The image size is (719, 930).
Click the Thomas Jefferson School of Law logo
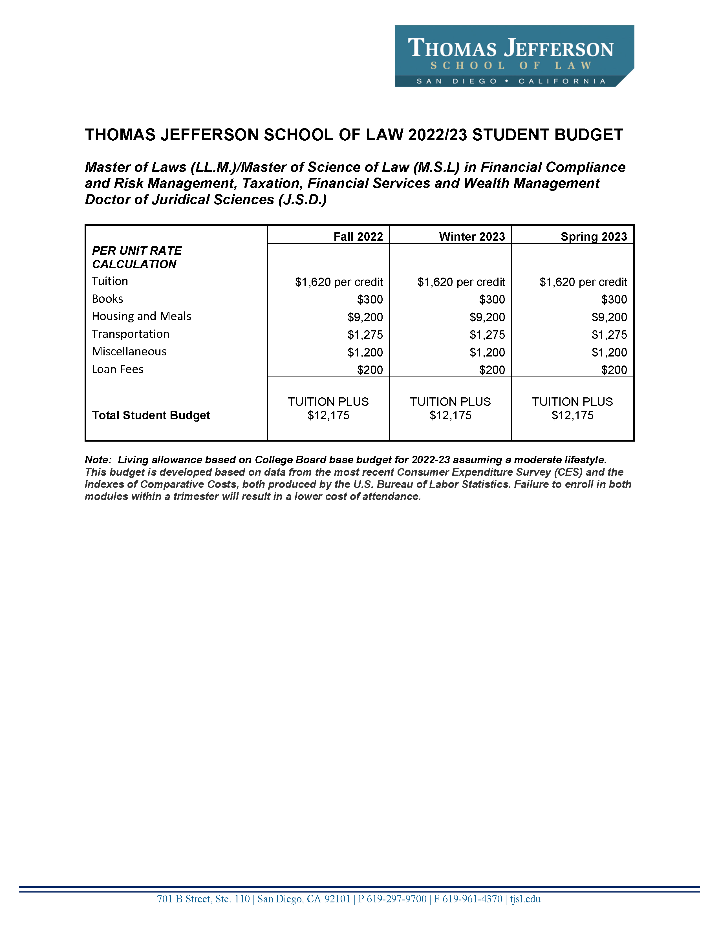coord(514,56)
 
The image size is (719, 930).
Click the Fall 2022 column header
coord(358,236)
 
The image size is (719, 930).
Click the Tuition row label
coord(110,281)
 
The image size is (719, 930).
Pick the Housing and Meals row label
coord(142,316)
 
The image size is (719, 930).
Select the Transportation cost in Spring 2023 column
coord(609,335)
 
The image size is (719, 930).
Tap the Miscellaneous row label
coord(129,352)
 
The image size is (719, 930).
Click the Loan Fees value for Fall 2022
coord(370,370)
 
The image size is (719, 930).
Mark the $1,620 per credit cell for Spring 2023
coord(583,282)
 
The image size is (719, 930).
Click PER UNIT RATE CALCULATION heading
coord(136,257)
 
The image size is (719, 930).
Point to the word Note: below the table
coord(98,460)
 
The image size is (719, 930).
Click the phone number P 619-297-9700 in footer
coord(392,899)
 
